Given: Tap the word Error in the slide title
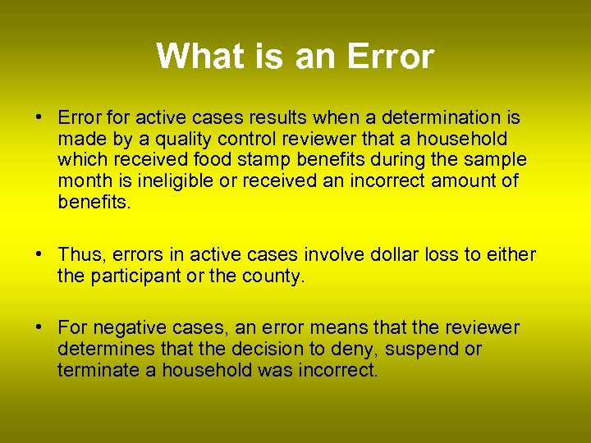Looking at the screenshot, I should click(390, 57).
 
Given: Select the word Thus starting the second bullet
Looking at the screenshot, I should click(77, 255).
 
